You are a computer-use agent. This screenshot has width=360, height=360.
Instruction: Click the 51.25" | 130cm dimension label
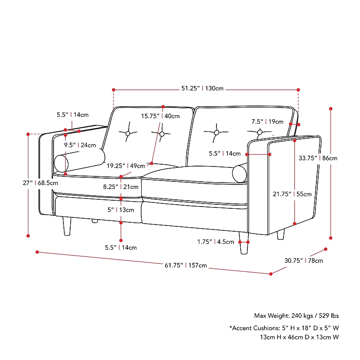click(x=202, y=89)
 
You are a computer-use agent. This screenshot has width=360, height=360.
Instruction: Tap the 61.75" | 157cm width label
click(x=185, y=265)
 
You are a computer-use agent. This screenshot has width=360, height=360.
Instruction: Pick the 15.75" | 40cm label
click(x=160, y=116)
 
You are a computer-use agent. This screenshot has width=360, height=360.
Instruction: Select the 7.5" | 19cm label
click(x=267, y=121)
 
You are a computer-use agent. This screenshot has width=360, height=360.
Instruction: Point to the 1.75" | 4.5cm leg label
click(x=216, y=242)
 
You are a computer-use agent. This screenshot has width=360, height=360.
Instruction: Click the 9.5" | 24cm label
click(x=80, y=145)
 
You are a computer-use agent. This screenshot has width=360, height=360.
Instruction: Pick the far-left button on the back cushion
click(x=128, y=134)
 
